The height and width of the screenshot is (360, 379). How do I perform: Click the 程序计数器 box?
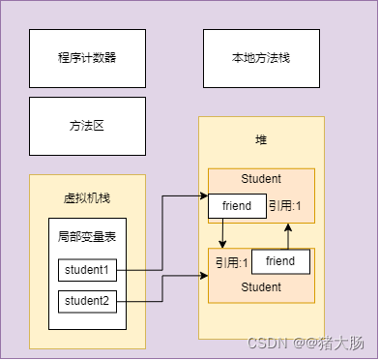(x=87, y=58)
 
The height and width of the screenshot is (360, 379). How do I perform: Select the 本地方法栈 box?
(x=261, y=58)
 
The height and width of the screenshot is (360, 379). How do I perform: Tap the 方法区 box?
(x=87, y=126)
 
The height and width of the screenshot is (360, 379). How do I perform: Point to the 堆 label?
(x=261, y=140)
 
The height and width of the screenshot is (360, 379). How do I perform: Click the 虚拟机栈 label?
(x=87, y=197)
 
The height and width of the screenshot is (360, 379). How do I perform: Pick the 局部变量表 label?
(x=87, y=236)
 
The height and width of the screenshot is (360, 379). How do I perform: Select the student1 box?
(x=87, y=270)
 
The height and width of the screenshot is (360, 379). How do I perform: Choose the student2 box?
(x=87, y=301)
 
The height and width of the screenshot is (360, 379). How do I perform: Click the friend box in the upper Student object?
(x=237, y=205)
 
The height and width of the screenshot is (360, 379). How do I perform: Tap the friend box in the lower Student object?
(x=280, y=261)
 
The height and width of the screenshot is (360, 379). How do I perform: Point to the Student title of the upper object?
(x=261, y=179)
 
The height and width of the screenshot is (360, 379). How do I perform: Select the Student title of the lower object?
(x=261, y=287)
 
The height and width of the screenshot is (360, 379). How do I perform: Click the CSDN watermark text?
(x=264, y=344)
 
